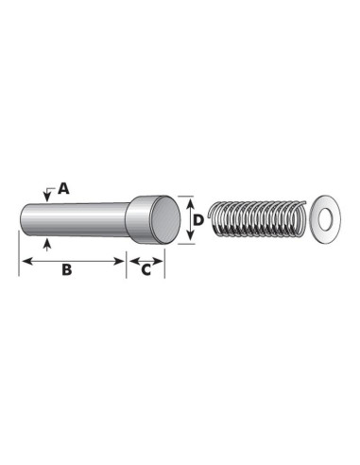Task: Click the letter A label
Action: coord(63,188)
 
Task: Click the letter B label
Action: coord(67,269)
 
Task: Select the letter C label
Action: coord(146,269)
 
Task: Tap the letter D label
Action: coord(198,220)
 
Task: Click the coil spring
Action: coord(257,218)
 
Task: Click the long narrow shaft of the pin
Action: coord(75,220)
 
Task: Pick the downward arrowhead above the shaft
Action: coord(47,198)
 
